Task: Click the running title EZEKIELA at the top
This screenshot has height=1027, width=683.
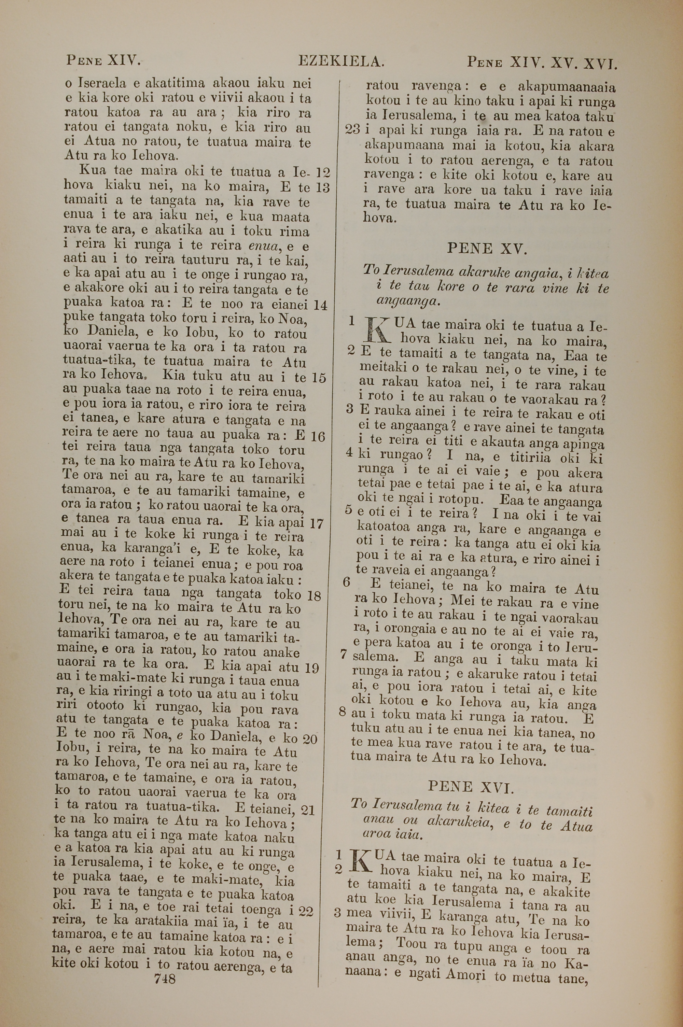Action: pyautogui.click(x=341, y=61)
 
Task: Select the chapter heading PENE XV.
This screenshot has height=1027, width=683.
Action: pyautogui.click(x=487, y=249)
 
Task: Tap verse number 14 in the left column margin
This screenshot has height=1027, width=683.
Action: pyautogui.click(x=320, y=305)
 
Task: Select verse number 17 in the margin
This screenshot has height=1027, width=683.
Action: pyautogui.click(x=316, y=524)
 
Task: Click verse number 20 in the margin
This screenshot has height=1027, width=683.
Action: pyautogui.click(x=310, y=738)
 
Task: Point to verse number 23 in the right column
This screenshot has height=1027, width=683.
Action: pyautogui.click(x=352, y=130)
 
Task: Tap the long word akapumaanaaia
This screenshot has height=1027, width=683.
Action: pyautogui.click(x=567, y=87)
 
